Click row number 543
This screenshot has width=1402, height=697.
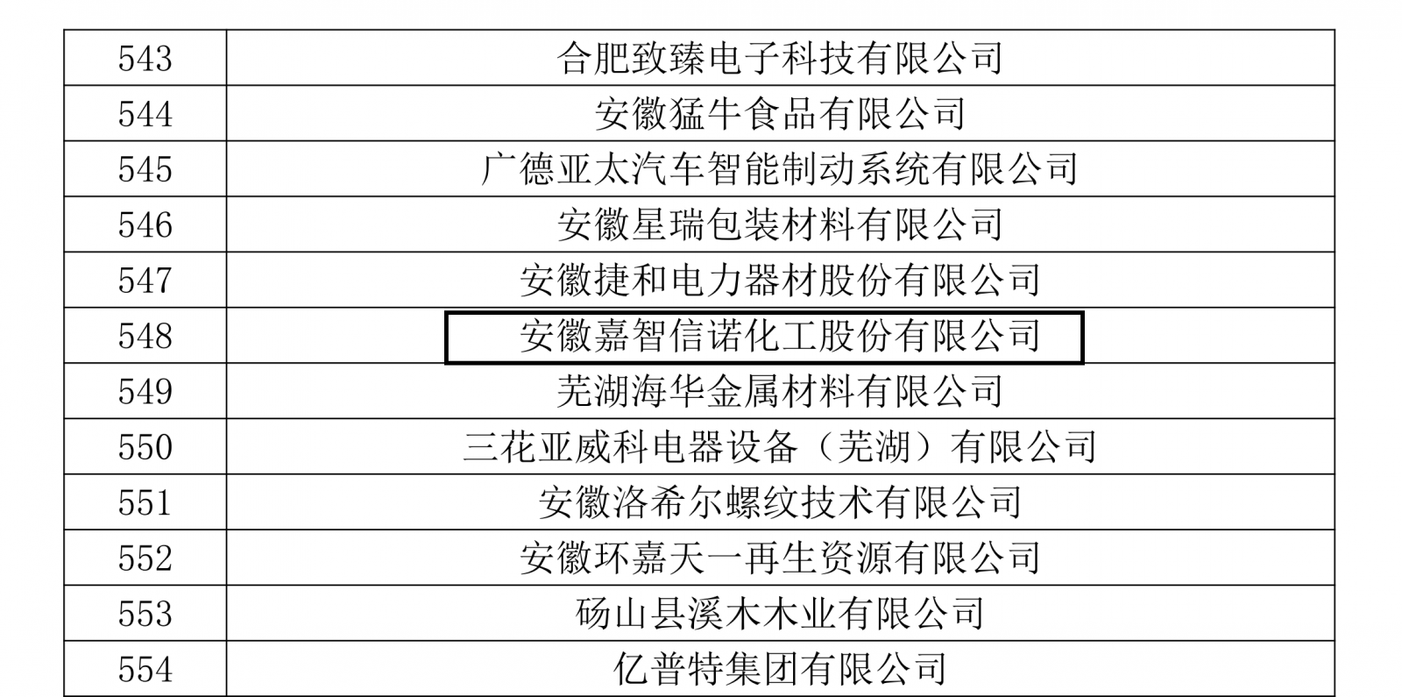click(x=145, y=59)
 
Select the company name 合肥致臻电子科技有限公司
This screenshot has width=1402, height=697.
click(x=779, y=59)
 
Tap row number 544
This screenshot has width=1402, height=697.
click(x=145, y=114)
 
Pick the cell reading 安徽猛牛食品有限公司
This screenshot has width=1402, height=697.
click(x=779, y=114)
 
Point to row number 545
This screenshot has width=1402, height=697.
click(x=145, y=169)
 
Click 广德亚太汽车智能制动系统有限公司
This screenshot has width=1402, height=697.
click(x=779, y=169)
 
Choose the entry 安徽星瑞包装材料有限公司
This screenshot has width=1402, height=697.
click(x=779, y=225)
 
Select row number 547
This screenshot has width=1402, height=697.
click(x=145, y=281)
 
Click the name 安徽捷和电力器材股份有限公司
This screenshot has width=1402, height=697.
click(x=779, y=281)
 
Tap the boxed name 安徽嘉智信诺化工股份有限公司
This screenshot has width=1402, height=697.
click(x=779, y=336)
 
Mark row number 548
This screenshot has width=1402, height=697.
click(x=145, y=336)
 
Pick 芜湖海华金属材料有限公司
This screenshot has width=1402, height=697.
click(x=779, y=391)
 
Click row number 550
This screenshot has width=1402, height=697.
click(x=145, y=447)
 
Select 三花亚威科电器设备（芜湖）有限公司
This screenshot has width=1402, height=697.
click(x=779, y=447)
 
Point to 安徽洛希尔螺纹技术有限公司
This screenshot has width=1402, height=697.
click(x=779, y=502)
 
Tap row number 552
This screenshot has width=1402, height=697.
click(x=145, y=558)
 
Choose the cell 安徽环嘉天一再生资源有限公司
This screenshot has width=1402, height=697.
click(x=779, y=558)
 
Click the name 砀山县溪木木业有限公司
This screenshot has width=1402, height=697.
click(x=779, y=614)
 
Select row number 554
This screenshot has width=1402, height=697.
click(x=145, y=670)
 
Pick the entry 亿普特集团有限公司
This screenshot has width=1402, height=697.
click(x=779, y=670)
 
